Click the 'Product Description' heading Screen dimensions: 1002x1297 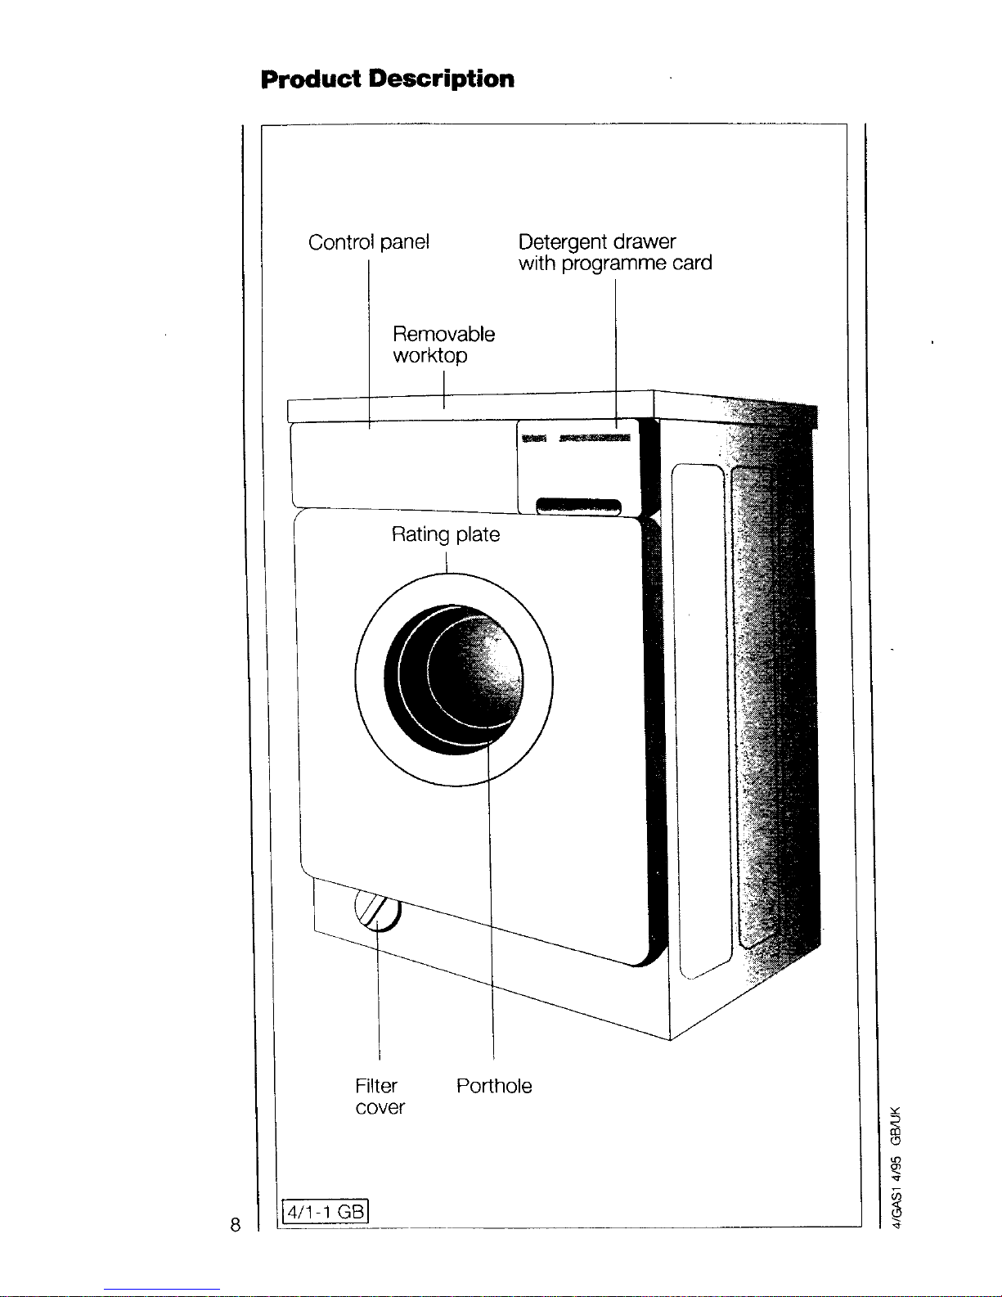click(x=388, y=79)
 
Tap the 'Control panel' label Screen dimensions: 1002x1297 click(x=369, y=241)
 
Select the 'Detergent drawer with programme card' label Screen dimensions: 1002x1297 click(x=615, y=252)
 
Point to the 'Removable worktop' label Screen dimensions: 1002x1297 click(x=443, y=345)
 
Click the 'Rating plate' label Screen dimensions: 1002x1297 click(x=446, y=534)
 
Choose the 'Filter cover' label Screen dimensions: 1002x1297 click(x=380, y=1097)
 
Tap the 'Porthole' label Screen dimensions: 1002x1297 click(x=494, y=1086)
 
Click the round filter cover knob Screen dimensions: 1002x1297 click(x=378, y=910)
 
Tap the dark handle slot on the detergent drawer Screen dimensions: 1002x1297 click(x=578, y=507)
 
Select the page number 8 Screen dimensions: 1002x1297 click(x=236, y=1225)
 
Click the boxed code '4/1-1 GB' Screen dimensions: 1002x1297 click(x=325, y=1212)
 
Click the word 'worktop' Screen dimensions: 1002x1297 click(x=430, y=356)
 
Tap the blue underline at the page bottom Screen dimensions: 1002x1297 click(x=162, y=1290)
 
